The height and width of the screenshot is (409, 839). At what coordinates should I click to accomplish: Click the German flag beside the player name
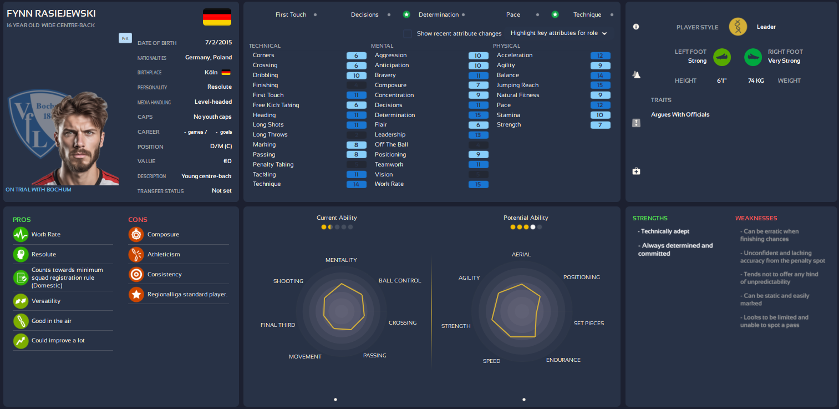217,17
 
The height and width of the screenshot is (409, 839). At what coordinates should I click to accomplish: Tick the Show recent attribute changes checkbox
408,34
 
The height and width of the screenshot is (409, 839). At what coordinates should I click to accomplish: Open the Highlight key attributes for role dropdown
558,33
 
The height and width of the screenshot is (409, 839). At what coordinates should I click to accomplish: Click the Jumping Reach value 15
600,85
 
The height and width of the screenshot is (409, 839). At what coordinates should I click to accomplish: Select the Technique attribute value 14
356,184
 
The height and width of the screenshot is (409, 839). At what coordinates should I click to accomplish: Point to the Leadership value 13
478,135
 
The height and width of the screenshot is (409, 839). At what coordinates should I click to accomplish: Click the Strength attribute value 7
600,125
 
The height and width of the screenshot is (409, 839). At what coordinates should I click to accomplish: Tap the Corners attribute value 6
356,55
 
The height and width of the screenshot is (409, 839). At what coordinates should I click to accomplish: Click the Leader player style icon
738,27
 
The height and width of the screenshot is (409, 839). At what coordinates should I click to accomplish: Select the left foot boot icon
722,57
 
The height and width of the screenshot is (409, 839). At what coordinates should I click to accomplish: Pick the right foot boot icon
753,57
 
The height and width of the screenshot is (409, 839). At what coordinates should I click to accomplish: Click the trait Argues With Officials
680,115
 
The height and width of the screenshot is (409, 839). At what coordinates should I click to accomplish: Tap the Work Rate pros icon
21,235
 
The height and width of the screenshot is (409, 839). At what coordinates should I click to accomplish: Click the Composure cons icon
136,235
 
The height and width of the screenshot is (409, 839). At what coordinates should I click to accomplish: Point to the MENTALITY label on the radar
341,260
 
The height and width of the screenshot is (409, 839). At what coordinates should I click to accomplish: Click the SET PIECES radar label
588,324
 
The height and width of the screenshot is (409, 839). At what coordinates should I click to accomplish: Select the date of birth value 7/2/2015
218,42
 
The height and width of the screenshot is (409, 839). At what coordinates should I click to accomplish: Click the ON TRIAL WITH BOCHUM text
38,190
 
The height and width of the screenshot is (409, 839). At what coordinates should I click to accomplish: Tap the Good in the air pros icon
21,321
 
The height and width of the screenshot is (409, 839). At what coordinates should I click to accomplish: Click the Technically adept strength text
665,231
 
